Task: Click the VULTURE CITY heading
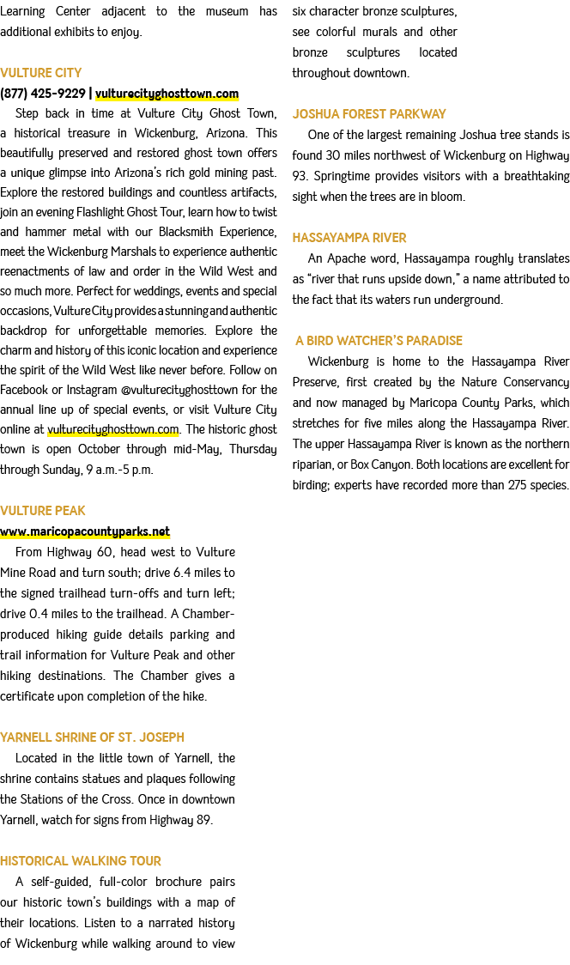coord(40,73)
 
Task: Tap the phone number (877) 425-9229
coord(43,93)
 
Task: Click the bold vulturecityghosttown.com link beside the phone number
coord(167,94)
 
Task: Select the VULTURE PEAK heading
coord(42,510)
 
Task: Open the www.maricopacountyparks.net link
coord(85,531)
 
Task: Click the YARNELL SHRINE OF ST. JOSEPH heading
coord(93,737)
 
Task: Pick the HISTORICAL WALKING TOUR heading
coord(81,860)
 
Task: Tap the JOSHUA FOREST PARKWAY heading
coord(369,114)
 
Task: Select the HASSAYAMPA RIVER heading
coord(349,238)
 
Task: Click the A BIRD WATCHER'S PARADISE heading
coord(379,340)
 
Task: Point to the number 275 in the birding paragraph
coord(518,485)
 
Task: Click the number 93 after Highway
coord(299,176)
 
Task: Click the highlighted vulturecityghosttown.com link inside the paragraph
coord(113,429)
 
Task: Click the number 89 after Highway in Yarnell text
coord(204,820)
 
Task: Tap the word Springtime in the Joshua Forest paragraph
coord(343,177)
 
